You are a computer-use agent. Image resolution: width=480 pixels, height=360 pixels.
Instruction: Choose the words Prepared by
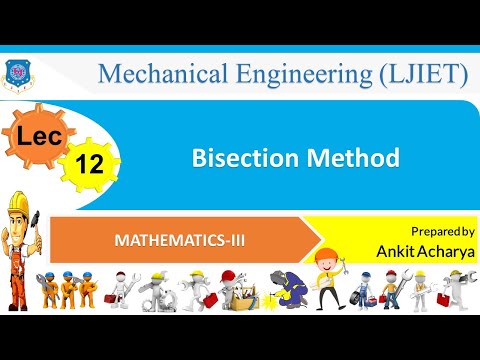(442, 231)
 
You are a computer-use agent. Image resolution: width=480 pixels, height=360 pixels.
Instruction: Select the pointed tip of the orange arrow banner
(321, 240)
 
